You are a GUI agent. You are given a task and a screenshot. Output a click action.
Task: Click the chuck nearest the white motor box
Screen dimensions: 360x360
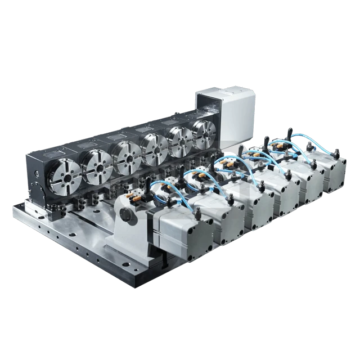click(x=204, y=134)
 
